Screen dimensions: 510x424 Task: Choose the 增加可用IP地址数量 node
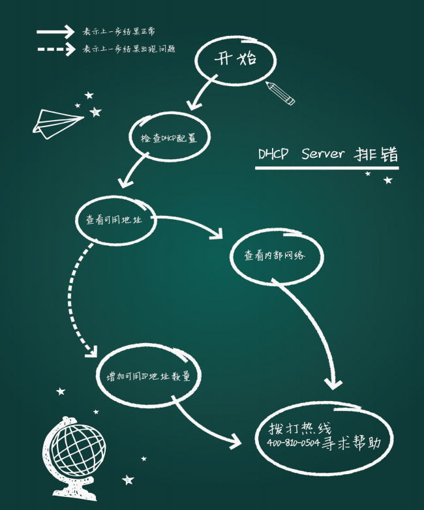tap(148, 376)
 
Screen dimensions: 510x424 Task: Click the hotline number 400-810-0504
tap(293, 443)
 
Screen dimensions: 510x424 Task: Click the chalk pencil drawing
tap(280, 93)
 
